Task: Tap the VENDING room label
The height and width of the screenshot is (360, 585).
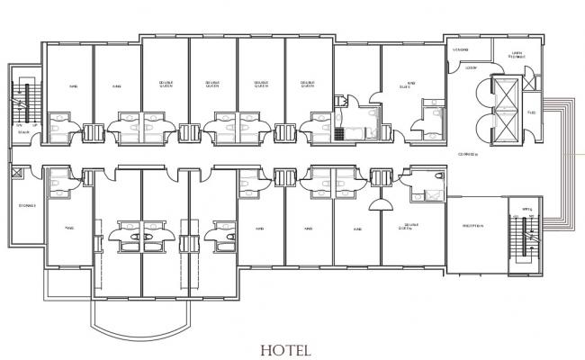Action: pos(461,49)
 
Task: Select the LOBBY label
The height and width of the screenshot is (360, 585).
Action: pos(470,68)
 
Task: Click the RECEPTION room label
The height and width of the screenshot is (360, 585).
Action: pos(473,226)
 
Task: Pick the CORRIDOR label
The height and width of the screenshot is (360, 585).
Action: pos(467,155)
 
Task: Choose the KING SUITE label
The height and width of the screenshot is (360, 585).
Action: pos(409,86)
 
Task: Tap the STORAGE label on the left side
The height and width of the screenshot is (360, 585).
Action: pos(25,206)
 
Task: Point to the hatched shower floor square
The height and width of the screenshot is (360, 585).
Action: pos(340,134)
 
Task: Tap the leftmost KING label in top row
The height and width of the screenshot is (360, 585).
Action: pos(73,87)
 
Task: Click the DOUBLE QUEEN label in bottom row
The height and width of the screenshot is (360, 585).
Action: pos(413,227)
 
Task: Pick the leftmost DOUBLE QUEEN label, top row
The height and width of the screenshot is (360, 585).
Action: pos(166,85)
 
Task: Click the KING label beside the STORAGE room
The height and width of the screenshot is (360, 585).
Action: pos(68,229)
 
